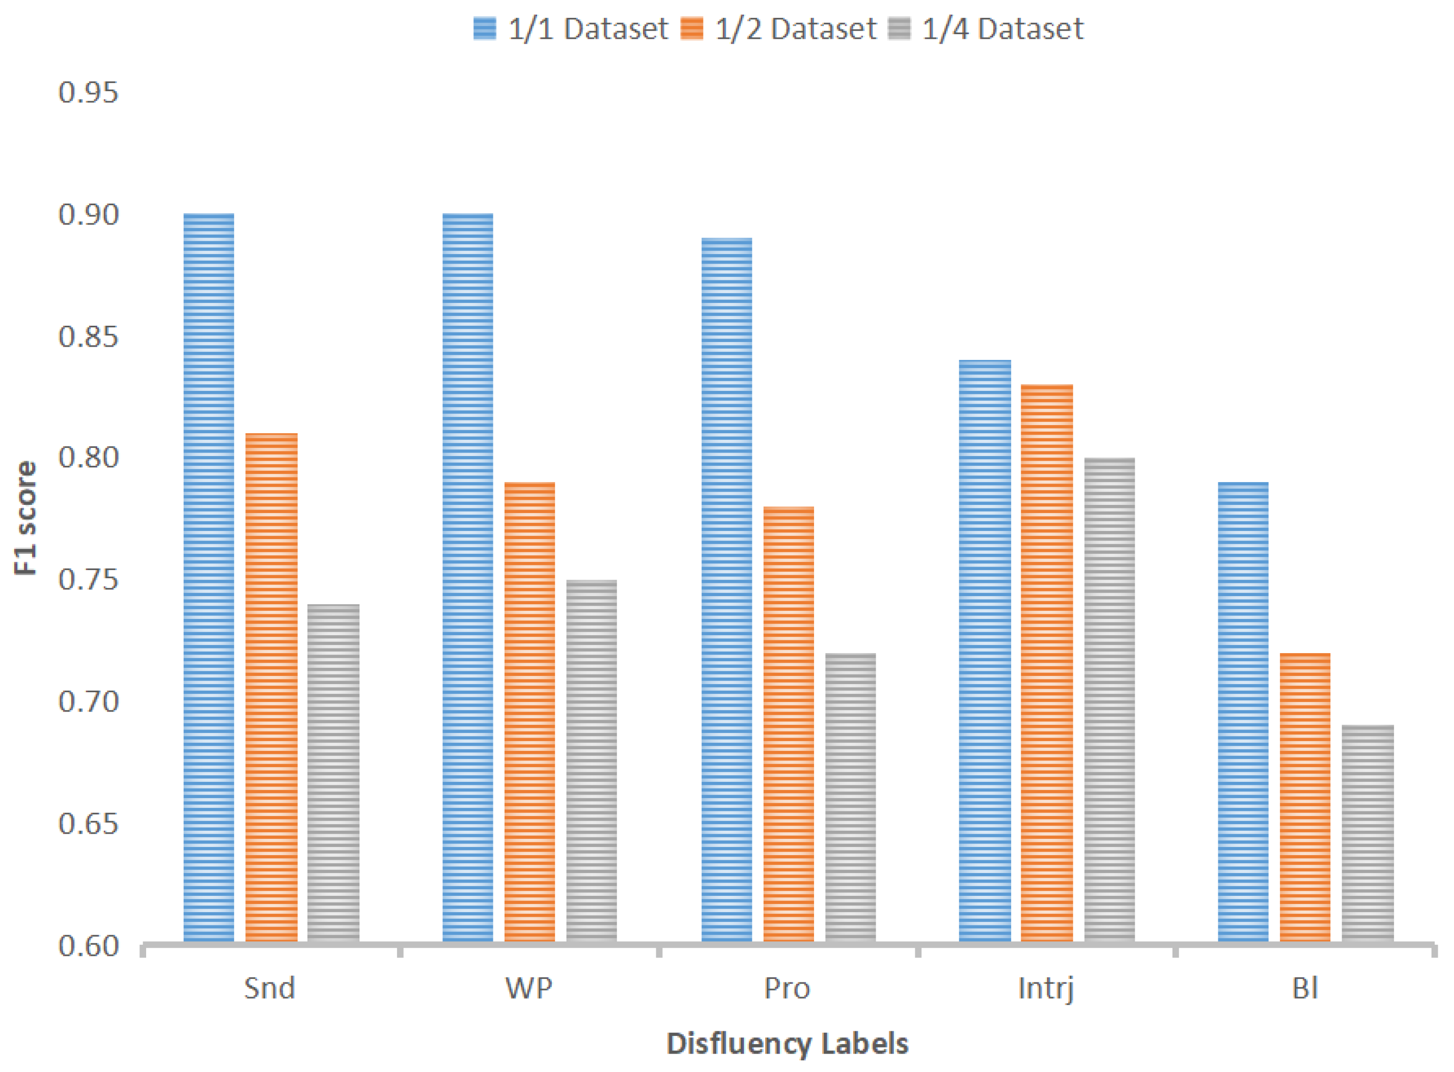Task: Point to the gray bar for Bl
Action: pyautogui.click(x=1367, y=833)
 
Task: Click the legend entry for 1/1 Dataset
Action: pyautogui.click(x=571, y=29)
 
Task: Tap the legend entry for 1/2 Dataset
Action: pyautogui.click(x=779, y=29)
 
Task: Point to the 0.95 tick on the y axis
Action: pyautogui.click(x=88, y=93)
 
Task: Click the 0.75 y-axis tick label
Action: pyautogui.click(x=88, y=579)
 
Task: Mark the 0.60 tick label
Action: pyautogui.click(x=88, y=946)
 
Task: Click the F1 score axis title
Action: pyautogui.click(x=26, y=518)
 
